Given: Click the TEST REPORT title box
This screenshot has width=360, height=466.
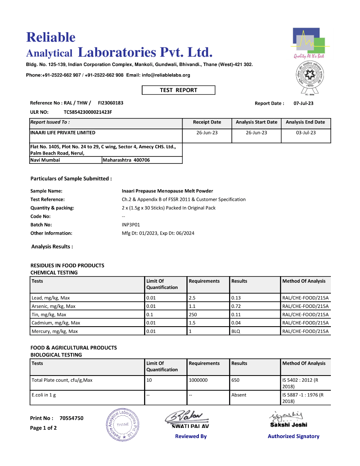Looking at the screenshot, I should [178, 90].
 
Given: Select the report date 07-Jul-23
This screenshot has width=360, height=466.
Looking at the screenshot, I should [303, 103].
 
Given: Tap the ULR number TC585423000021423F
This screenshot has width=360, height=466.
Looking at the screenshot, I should [88, 112].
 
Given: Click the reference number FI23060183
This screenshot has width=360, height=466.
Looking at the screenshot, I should [111, 103].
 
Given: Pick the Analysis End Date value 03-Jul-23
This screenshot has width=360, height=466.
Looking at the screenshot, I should [306, 133].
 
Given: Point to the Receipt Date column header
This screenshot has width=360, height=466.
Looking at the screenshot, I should [207, 122].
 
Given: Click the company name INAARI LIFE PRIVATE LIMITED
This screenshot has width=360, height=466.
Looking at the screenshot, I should [63, 133].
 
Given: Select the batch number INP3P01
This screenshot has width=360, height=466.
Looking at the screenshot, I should [130, 225].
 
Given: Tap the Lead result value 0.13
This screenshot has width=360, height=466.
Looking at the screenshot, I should [236, 298].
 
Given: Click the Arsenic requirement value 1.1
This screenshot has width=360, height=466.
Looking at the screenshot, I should [192, 306].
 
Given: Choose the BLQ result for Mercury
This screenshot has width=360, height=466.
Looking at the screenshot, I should [236, 332].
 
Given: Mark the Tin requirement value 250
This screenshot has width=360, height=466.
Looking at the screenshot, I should [193, 315].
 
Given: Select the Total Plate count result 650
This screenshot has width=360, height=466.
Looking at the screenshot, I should [235, 381].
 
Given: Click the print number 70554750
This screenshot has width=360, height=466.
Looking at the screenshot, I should [71, 418].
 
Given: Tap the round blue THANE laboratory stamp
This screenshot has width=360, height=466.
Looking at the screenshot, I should [123, 424].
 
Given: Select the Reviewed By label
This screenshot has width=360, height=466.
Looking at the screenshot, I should [191, 436].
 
